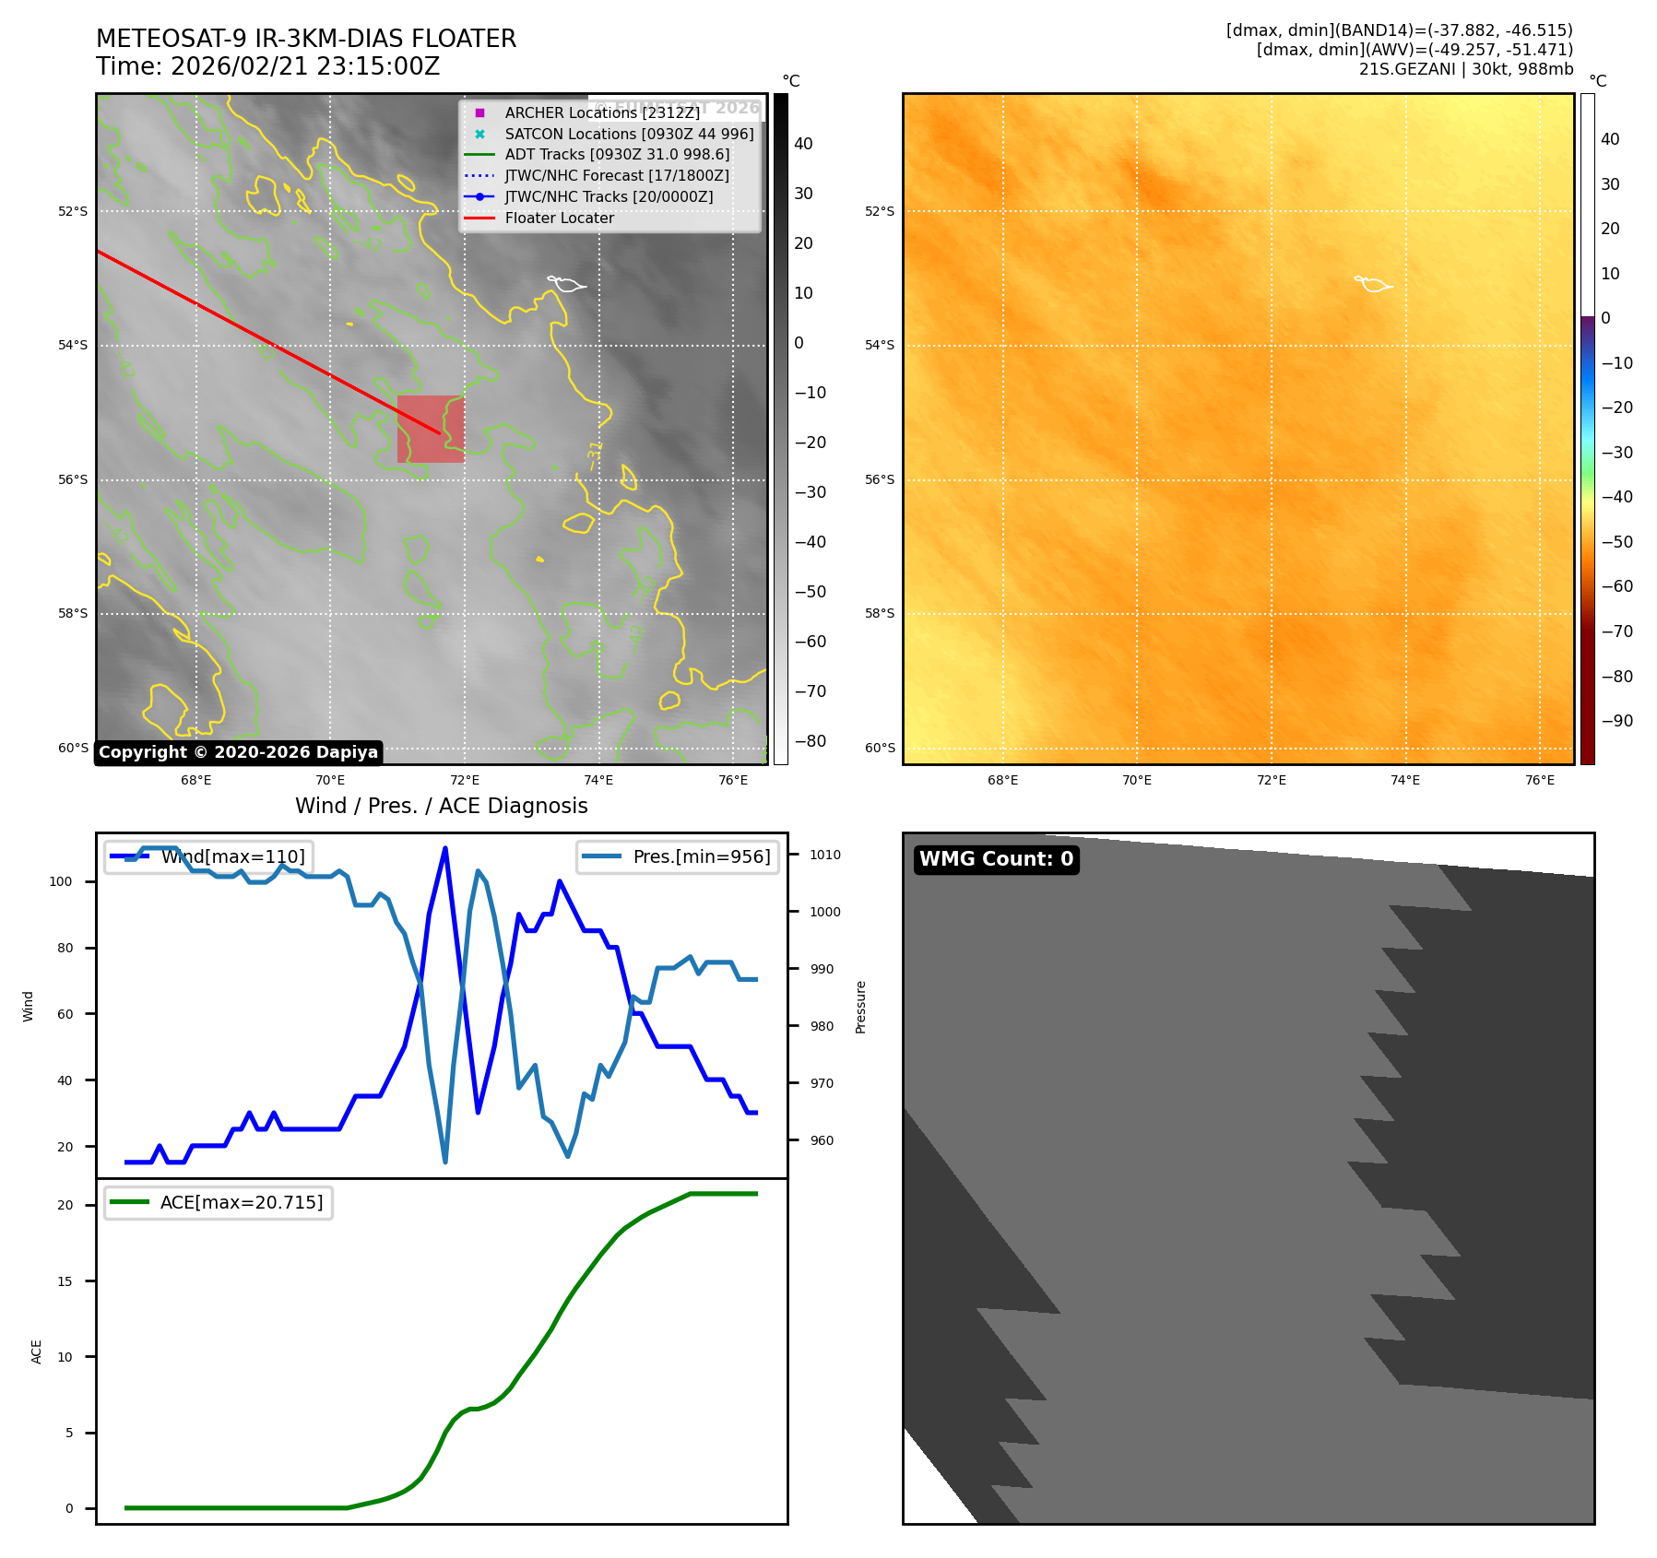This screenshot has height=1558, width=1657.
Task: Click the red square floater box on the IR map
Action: tap(430, 429)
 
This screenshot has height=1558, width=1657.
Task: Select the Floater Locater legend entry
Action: tap(559, 218)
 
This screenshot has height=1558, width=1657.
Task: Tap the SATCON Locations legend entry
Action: tap(628, 134)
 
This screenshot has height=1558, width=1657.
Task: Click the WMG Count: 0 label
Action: tap(996, 859)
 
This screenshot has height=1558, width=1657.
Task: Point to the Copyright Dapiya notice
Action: tap(238, 752)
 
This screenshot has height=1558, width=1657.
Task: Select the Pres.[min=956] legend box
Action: tap(678, 856)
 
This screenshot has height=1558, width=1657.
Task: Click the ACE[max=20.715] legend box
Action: tap(219, 1202)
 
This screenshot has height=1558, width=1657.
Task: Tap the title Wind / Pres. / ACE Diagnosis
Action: tap(441, 806)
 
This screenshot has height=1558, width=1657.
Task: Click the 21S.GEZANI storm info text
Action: tap(1465, 69)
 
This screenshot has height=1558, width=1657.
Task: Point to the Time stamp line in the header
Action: tap(267, 67)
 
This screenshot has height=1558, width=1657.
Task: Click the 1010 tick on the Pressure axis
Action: tap(824, 855)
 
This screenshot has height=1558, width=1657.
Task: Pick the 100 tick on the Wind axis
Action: tap(61, 881)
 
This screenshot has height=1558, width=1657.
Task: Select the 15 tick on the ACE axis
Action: tap(65, 1281)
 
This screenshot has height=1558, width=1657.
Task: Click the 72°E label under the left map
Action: tap(465, 781)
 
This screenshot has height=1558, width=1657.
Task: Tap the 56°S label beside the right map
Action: tap(879, 479)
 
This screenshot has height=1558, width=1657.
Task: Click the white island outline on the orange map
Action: tap(1373, 284)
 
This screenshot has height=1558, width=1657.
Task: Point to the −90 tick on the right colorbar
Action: tap(1616, 721)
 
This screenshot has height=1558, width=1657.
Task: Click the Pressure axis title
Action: tap(860, 1007)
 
